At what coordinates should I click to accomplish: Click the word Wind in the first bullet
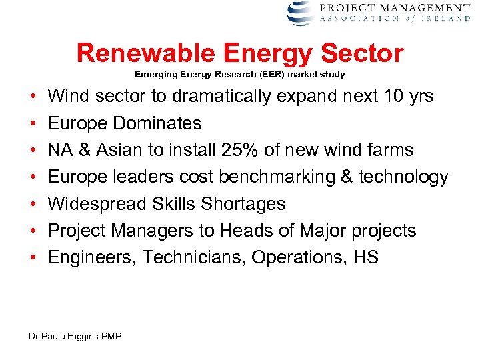[x=67, y=97]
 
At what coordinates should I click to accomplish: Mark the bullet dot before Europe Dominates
[x=33, y=124]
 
